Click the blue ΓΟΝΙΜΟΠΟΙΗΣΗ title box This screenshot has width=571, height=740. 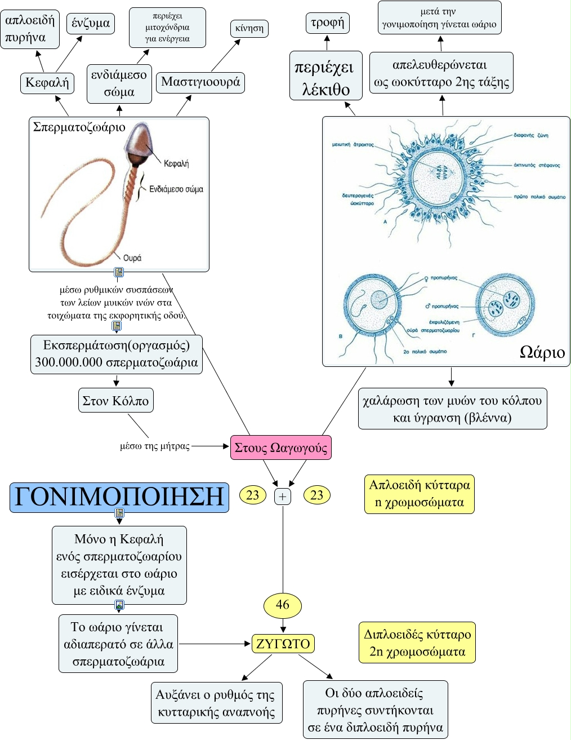119,497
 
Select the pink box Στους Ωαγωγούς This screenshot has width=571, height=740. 281,447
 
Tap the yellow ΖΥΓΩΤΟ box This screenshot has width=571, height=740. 283,644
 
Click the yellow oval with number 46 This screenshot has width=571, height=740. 283,605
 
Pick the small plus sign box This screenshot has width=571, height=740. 283,497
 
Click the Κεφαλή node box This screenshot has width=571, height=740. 47,83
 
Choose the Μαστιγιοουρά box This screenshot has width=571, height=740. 200,82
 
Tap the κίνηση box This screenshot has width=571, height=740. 249,29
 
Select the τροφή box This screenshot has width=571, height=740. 327,23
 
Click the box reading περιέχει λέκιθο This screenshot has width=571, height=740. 326,76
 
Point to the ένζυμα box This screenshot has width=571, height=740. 91,23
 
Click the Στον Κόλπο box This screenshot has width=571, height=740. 115,401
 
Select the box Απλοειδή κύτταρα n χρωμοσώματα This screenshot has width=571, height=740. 420,494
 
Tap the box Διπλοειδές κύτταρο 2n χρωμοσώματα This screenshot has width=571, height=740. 417,643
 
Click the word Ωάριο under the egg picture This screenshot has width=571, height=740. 542,352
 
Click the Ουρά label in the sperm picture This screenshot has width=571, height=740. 132,258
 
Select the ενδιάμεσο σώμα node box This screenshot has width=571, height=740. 119,83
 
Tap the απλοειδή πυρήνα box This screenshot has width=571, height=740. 30,29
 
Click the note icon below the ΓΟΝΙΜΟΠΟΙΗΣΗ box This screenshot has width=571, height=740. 119,513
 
